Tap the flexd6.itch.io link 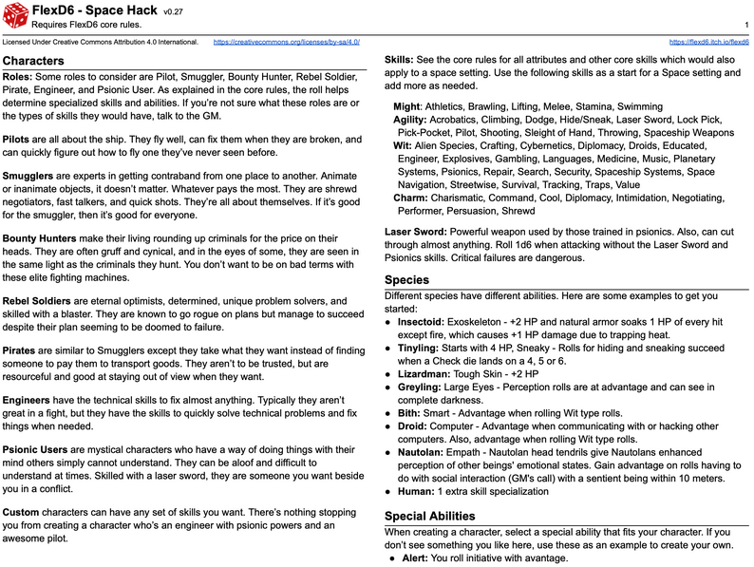(x=709, y=43)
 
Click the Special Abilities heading (x=429, y=517)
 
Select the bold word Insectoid (x=424, y=322)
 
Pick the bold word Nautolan (x=424, y=453)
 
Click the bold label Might (x=406, y=107)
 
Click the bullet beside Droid (x=388, y=427)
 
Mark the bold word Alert (x=415, y=558)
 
